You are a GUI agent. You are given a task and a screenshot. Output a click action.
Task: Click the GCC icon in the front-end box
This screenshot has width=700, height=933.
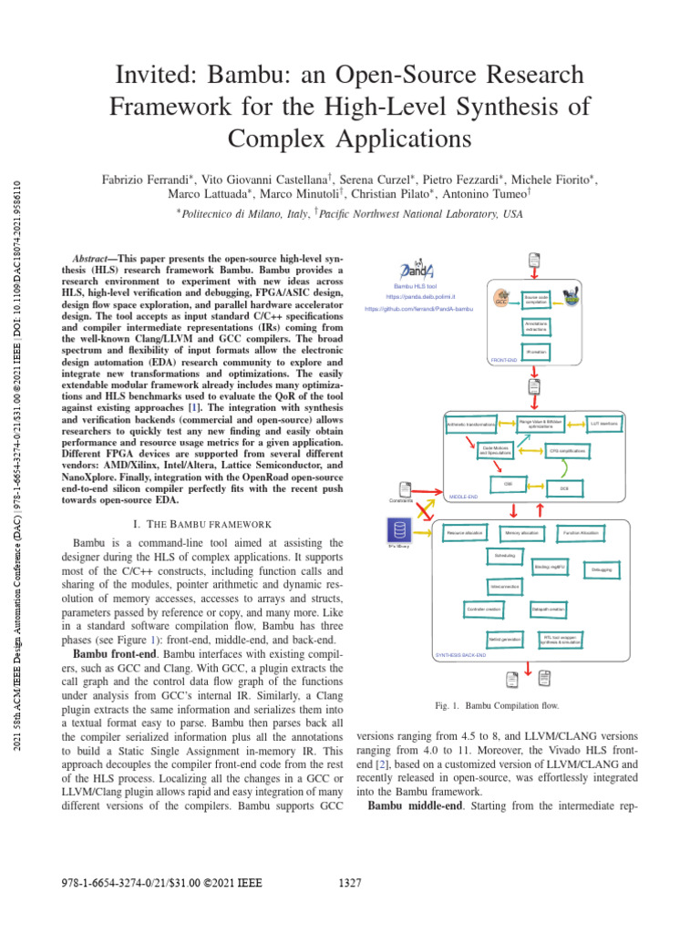coord(501,298)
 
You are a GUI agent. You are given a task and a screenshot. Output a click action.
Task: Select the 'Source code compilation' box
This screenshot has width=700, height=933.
coord(536,299)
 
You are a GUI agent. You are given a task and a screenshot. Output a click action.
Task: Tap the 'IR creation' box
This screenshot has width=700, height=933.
coord(536,351)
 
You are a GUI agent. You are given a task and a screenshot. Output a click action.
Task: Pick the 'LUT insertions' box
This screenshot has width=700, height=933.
coord(604,424)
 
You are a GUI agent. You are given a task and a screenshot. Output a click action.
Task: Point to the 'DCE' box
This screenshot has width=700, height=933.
coord(564,488)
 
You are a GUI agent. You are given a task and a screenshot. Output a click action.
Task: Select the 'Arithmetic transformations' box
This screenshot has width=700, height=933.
coord(470,425)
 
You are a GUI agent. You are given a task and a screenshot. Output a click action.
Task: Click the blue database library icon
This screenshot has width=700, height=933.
coord(398,530)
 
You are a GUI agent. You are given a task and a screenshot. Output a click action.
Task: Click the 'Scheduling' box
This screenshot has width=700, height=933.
coord(504,555)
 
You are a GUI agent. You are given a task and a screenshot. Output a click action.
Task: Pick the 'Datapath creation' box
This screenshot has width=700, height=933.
coord(549,607)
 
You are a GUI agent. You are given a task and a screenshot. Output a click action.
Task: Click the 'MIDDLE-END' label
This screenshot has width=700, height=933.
coord(464,497)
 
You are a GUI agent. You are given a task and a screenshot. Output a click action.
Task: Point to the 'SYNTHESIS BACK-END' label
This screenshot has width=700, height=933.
coord(461,655)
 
